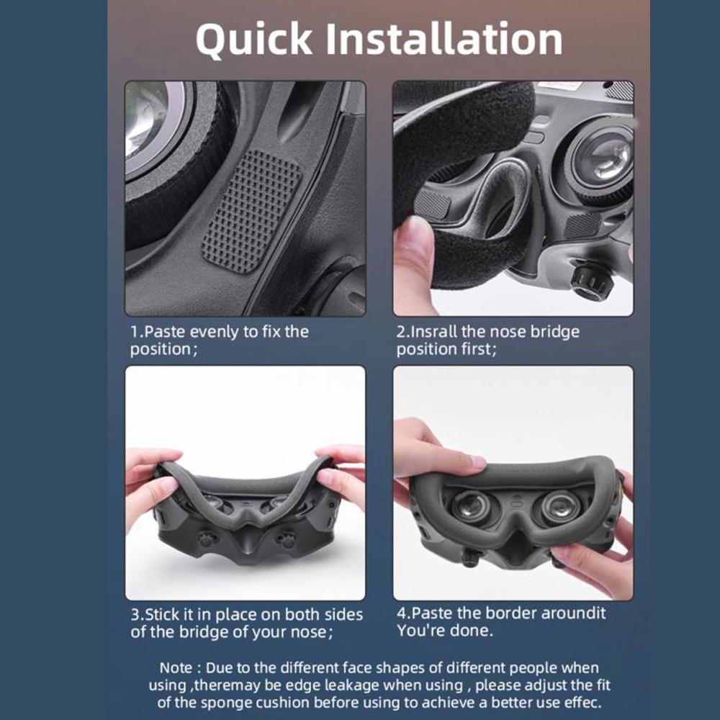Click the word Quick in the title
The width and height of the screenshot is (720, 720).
[253, 40]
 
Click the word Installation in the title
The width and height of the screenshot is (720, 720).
[444, 39]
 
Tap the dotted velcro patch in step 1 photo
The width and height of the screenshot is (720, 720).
[252, 211]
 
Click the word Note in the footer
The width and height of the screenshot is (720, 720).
[176, 667]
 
